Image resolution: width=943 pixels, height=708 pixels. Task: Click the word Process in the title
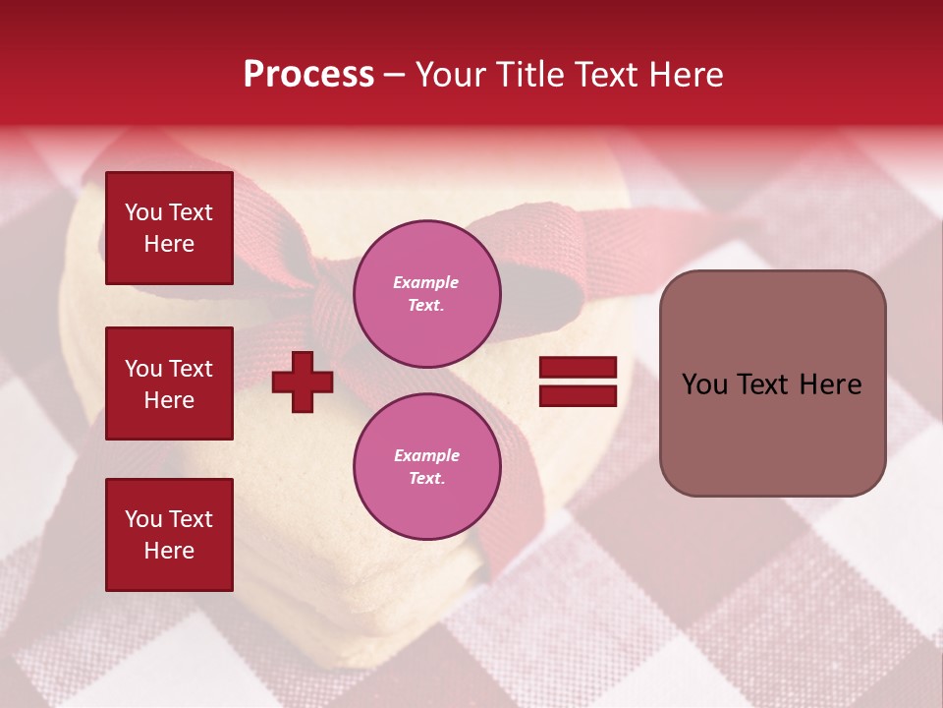click(x=308, y=75)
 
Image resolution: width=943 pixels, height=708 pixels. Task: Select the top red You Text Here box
click(x=169, y=228)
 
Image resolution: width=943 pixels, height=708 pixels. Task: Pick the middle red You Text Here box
click(x=169, y=383)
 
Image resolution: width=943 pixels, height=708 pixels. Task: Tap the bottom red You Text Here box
click(x=169, y=535)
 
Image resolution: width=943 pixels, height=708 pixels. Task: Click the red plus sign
click(x=303, y=382)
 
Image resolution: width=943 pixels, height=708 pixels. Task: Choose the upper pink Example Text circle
click(x=426, y=293)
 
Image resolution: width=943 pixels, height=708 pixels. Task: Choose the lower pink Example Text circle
click(x=426, y=466)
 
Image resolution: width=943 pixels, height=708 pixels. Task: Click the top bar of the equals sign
click(x=578, y=367)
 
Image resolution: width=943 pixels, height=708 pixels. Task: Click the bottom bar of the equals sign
click(x=578, y=395)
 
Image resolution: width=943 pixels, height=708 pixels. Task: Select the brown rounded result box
click(x=772, y=383)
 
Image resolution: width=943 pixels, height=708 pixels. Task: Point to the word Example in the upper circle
click(x=426, y=282)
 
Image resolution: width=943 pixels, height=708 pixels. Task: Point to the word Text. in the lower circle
click(x=426, y=479)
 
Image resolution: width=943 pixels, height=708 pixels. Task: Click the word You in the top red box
click(x=143, y=212)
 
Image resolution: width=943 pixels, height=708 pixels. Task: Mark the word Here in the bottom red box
click(x=169, y=551)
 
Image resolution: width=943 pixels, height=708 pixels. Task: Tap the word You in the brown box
click(x=704, y=384)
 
